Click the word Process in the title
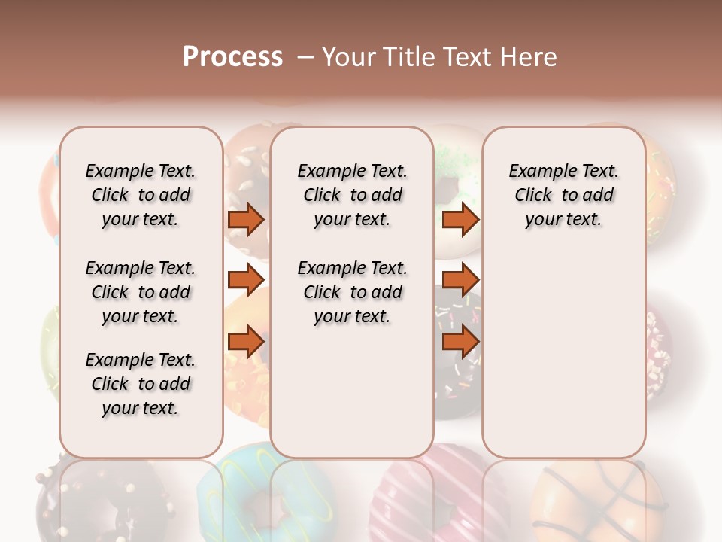click(x=232, y=57)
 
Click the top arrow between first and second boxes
click(x=246, y=220)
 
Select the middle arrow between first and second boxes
click(x=246, y=280)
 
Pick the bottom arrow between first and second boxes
click(x=246, y=343)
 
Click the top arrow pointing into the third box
click(x=460, y=220)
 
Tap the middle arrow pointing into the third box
click(x=460, y=280)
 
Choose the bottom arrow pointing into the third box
click(x=460, y=343)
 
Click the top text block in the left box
click(x=141, y=195)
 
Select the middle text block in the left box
click(x=141, y=292)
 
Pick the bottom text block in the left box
click(x=141, y=384)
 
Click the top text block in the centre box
click(x=352, y=195)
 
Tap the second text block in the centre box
click(x=352, y=292)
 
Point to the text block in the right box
click(x=564, y=195)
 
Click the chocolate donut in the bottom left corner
click(x=98, y=501)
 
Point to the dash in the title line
click(x=305, y=58)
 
